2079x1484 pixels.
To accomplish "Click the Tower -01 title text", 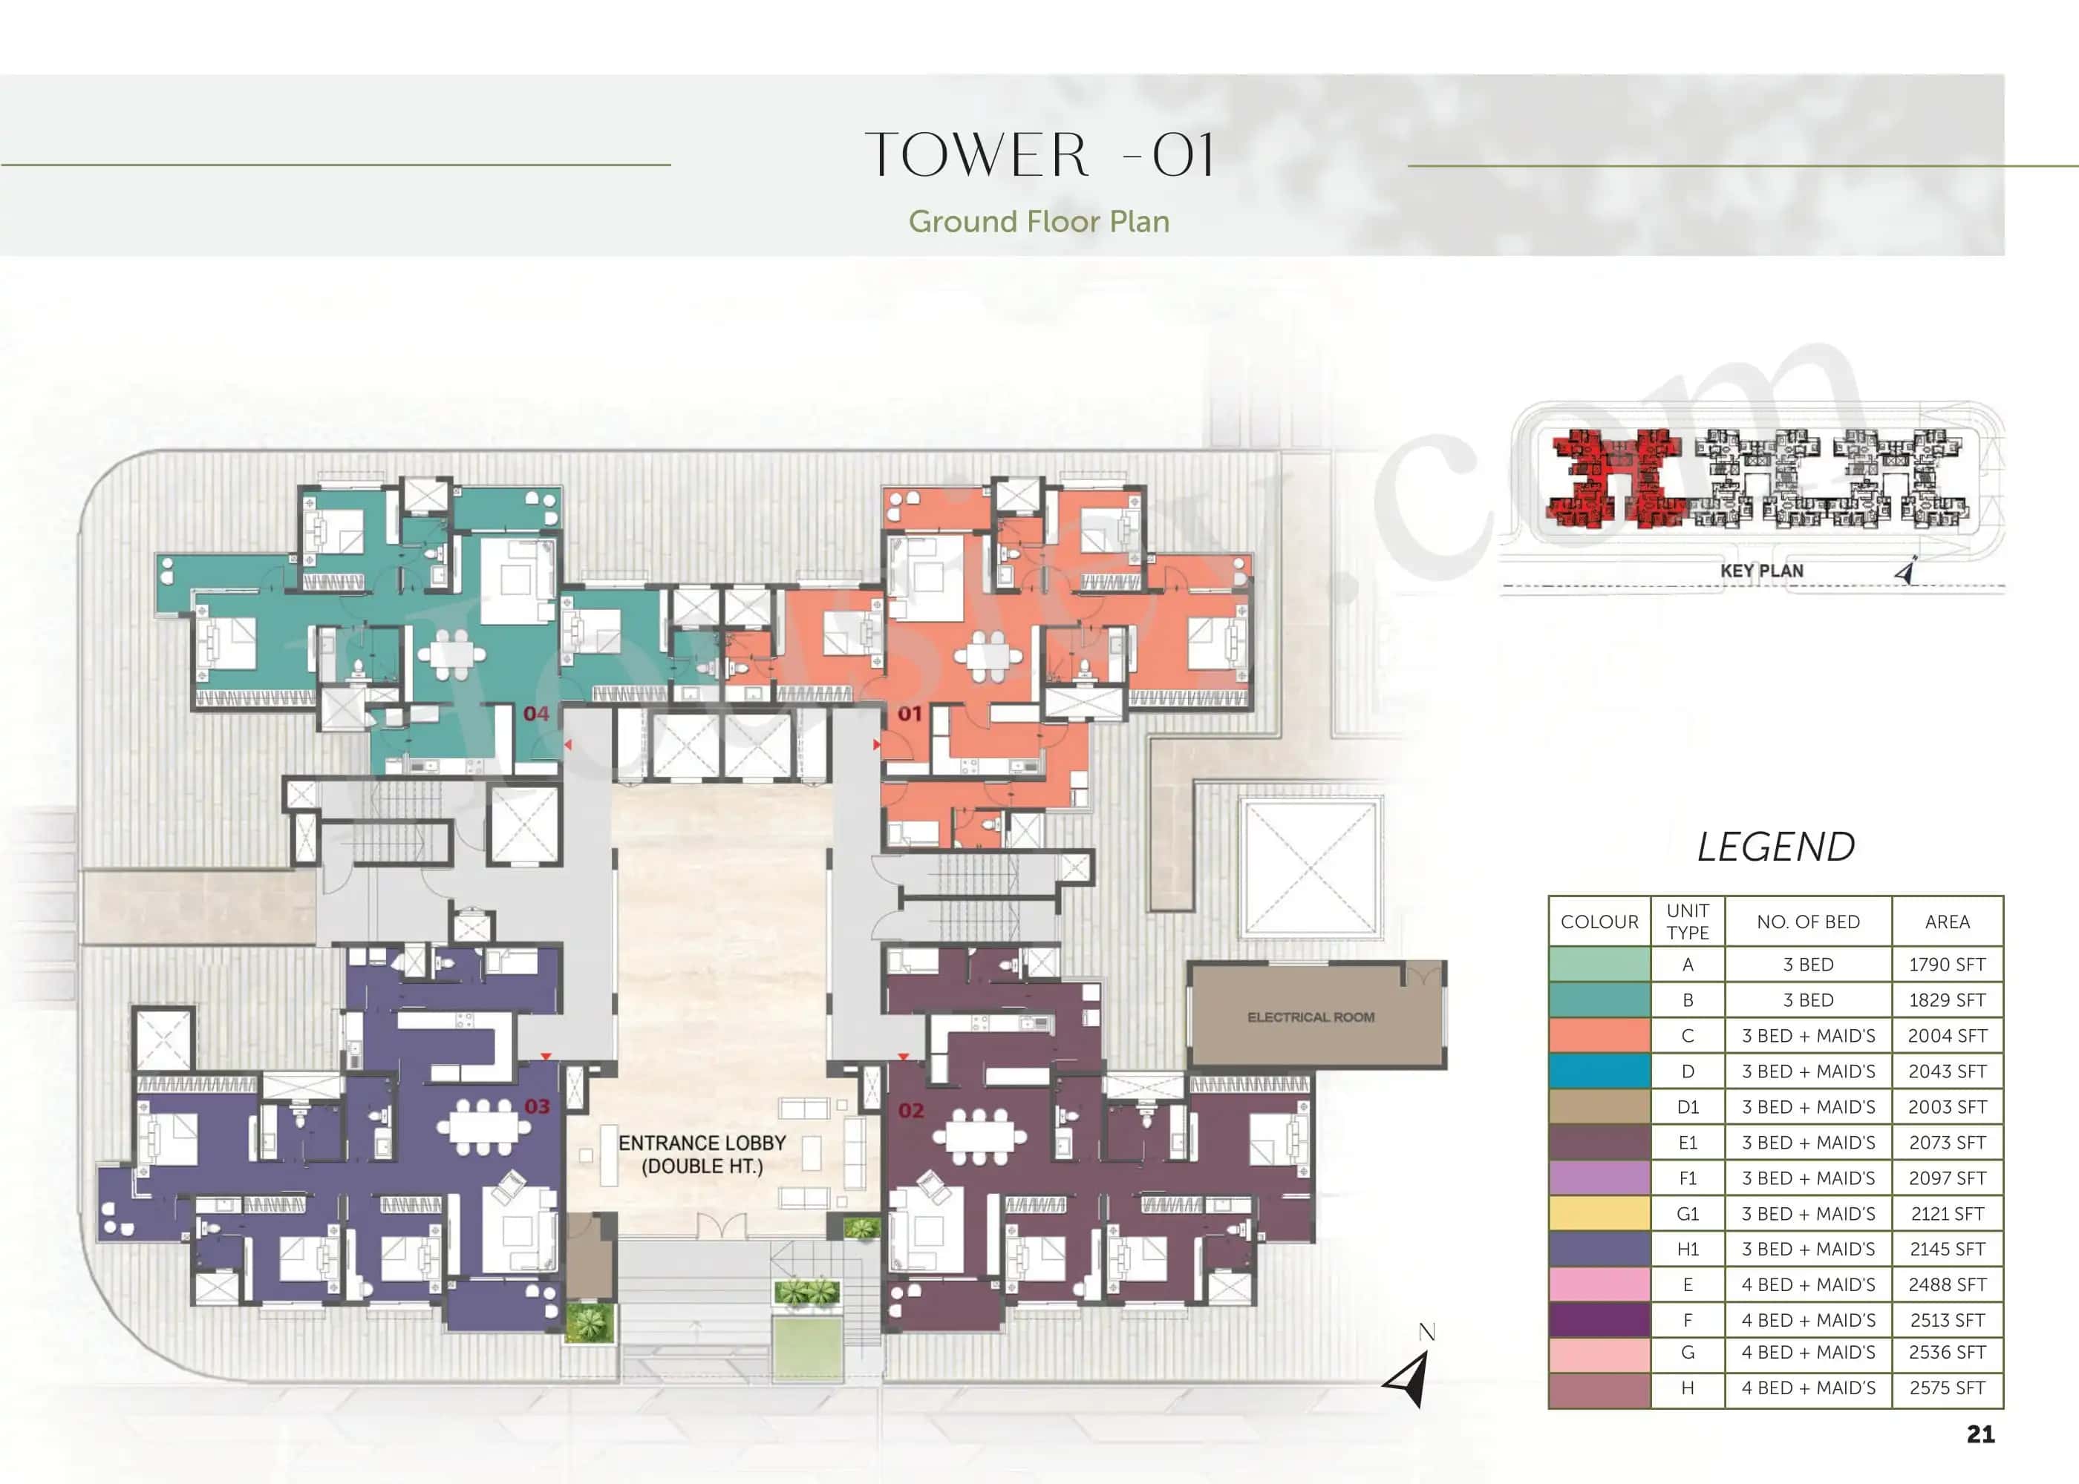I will [x=1039, y=154].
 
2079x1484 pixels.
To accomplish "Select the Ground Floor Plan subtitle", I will [x=1039, y=222].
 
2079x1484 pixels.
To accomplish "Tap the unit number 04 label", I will [x=536, y=714].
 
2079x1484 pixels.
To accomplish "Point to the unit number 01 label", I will [x=909, y=713].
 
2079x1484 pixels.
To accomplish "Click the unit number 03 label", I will [x=537, y=1106].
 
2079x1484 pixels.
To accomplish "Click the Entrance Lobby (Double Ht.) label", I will [x=702, y=1154].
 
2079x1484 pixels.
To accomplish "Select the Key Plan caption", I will [x=1761, y=571].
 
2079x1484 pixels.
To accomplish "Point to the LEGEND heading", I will [x=1775, y=847].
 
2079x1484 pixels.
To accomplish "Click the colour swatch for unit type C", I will [x=1599, y=1035].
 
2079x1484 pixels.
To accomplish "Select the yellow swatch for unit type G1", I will [x=1599, y=1213].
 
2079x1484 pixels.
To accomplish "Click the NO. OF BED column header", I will [x=1807, y=922].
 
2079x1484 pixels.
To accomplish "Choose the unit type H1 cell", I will [x=1687, y=1249].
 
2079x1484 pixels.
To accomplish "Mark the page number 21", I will [x=1980, y=1434].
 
